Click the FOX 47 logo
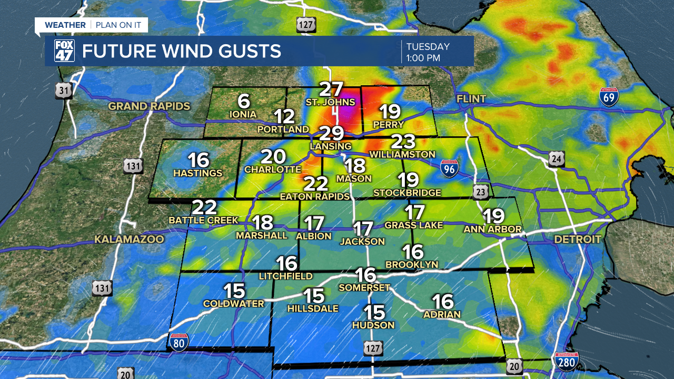pyautogui.click(x=64, y=51)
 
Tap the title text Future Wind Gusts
pyautogui.click(x=181, y=52)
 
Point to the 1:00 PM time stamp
pyautogui.click(x=423, y=58)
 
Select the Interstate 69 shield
pyautogui.click(x=609, y=97)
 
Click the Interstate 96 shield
pyautogui.click(x=449, y=167)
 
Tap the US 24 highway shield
pyautogui.click(x=557, y=158)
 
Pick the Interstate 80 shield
pyautogui.click(x=179, y=342)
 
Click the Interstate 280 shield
pyautogui.click(x=567, y=362)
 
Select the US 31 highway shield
pyautogui.click(x=64, y=91)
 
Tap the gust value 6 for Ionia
pyautogui.click(x=243, y=101)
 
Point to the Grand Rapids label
pyautogui.click(x=149, y=106)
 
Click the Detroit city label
pyautogui.click(x=578, y=240)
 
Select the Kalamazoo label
pyautogui.click(x=129, y=240)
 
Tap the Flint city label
pyautogui.click(x=471, y=99)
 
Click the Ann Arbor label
pyautogui.click(x=492, y=230)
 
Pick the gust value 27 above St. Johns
pyautogui.click(x=332, y=89)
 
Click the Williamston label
pyautogui.click(x=402, y=154)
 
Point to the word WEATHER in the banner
pyautogui.click(x=65, y=25)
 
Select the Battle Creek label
pyautogui.click(x=203, y=220)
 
